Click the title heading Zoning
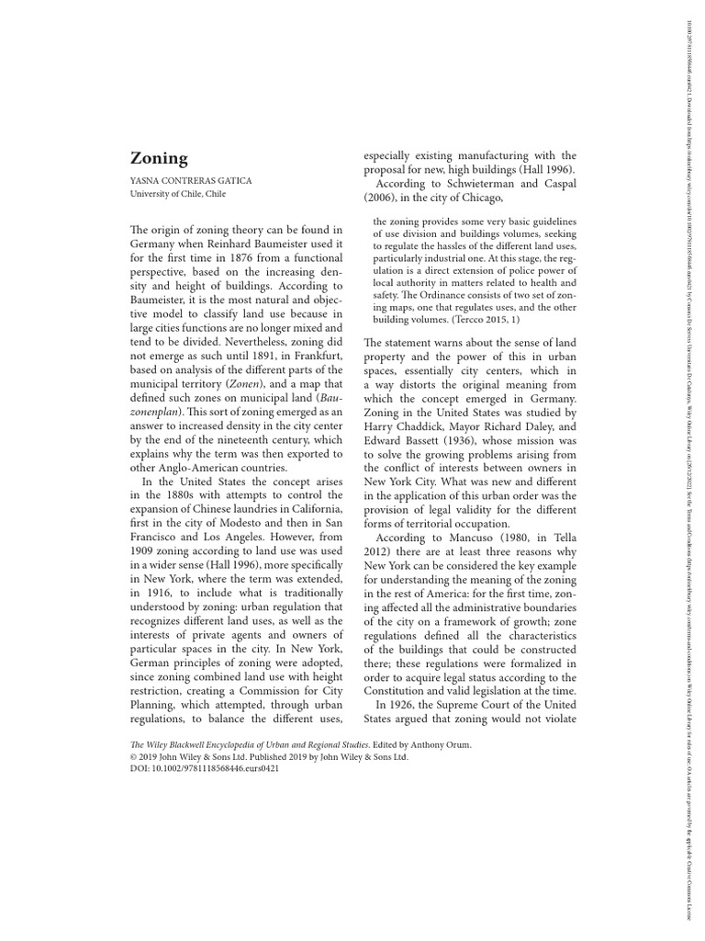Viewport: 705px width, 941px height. pos(159,158)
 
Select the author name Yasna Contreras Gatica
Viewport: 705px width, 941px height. pos(192,181)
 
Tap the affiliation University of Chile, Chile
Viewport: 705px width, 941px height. pos(179,194)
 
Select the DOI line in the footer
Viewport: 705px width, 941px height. pos(206,768)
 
